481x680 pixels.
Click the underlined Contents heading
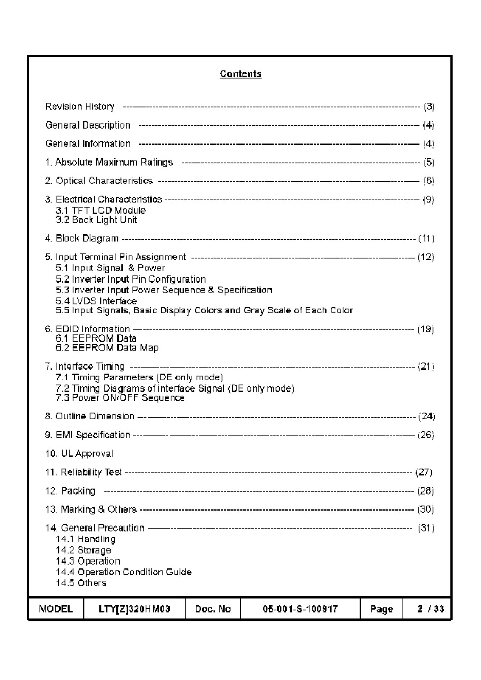[240, 74]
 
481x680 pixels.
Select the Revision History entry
[80, 107]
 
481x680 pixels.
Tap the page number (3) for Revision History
[428, 107]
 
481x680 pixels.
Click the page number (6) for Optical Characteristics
[428, 181]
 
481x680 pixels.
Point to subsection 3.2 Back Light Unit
[96, 220]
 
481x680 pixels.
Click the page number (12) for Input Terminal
[426, 258]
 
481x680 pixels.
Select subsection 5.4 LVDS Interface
[96, 301]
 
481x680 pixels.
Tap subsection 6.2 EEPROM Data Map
[107, 348]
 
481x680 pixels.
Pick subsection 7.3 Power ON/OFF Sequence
[120, 397]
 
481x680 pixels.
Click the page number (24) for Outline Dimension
[427, 416]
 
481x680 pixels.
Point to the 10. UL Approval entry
[79, 454]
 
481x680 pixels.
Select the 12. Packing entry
[70, 491]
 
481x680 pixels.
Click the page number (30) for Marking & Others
[426, 509]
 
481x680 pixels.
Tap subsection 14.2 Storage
[83, 550]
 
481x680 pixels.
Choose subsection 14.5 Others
[81, 583]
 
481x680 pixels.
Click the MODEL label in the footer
[56, 609]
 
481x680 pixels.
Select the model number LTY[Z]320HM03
[134, 609]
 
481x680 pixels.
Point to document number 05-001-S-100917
[300, 609]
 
